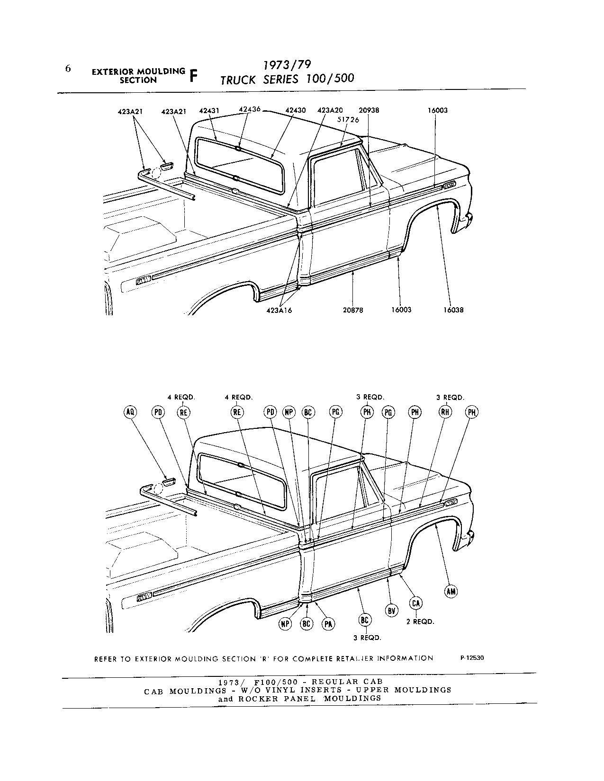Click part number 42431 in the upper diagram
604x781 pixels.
[208, 111]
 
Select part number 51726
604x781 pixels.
[348, 120]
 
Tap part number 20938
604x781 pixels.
[369, 111]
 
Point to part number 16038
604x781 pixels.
[453, 310]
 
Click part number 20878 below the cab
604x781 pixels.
[353, 310]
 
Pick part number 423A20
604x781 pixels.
[330, 111]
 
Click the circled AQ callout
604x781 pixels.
[130, 412]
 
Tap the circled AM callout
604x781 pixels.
[451, 591]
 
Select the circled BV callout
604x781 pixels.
[391, 611]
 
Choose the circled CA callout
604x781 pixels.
[416, 603]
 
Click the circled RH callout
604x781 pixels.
[445, 412]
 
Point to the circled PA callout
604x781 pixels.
[328, 624]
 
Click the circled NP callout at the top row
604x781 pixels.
[288, 412]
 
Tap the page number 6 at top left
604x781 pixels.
[68, 69]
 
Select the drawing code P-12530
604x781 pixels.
[472, 657]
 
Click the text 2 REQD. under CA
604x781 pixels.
[420, 621]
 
